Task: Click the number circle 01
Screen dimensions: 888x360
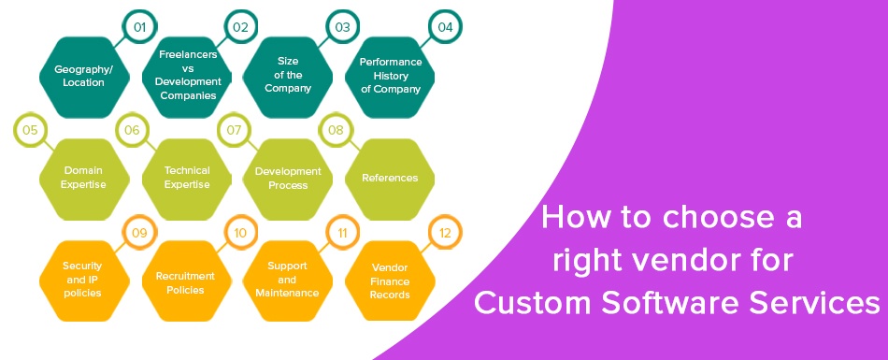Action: coord(139,26)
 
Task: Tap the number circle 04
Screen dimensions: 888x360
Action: coord(445,26)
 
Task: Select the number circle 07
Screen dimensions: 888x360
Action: coord(234,130)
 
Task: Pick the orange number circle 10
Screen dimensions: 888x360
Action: coord(240,233)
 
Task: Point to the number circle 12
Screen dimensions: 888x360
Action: coord(445,233)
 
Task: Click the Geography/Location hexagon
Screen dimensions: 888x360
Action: coord(84,77)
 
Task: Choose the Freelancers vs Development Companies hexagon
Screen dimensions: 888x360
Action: coord(186,77)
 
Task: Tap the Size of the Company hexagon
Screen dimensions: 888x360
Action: coord(288,77)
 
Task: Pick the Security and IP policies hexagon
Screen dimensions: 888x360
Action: coord(84,281)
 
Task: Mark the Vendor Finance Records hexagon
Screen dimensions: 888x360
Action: coord(390,281)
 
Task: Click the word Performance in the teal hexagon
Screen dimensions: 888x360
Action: coord(391,62)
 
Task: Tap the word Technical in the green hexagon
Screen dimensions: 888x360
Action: coord(187,170)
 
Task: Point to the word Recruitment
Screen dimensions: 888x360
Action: coord(185,276)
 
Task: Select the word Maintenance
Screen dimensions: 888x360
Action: coord(287,293)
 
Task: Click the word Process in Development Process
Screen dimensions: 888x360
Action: coord(288,185)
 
